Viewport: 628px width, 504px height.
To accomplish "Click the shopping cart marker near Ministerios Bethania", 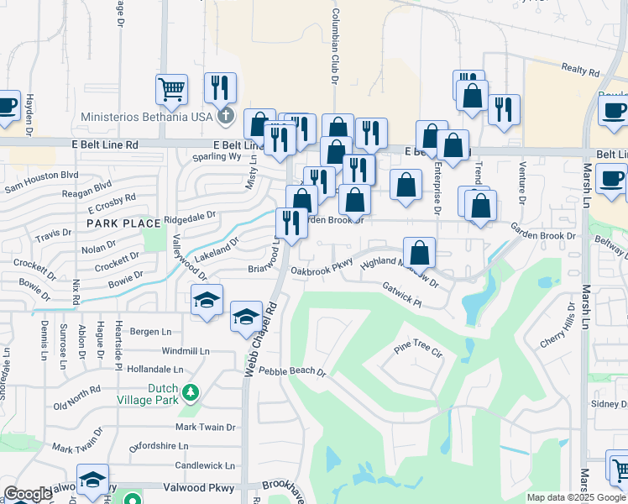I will coord(171,88).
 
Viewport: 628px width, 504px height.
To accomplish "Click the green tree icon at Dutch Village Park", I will coord(191,391).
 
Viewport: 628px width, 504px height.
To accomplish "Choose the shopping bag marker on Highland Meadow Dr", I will coord(419,251).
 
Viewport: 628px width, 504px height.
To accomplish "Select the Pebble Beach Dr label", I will coord(291,371).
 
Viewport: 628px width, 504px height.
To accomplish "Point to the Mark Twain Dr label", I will coord(205,428).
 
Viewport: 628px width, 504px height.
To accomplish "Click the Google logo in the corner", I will coord(28,494).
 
